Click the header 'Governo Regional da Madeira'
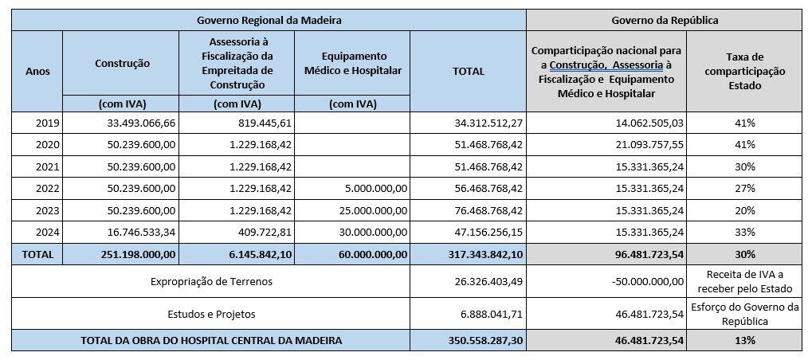click(x=269, y=19)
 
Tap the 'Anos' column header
click(x=37, y=71)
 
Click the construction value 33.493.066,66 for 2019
click(x=142, y=123)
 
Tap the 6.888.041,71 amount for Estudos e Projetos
click(x=488, y=314)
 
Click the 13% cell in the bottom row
click(x=745, y=340)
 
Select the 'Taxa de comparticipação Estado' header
click(x=745, y=71)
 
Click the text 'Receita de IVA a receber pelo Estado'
click(x=745, y=281)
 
